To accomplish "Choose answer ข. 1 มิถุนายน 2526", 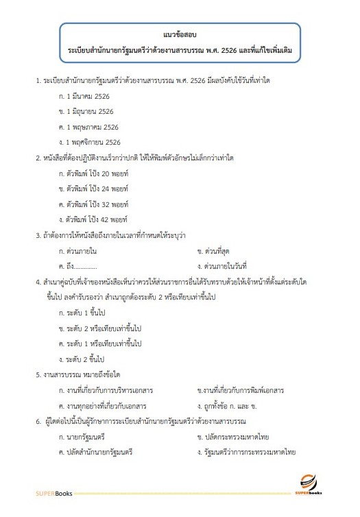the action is point(88,112).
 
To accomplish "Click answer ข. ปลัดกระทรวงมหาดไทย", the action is point(236,437).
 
